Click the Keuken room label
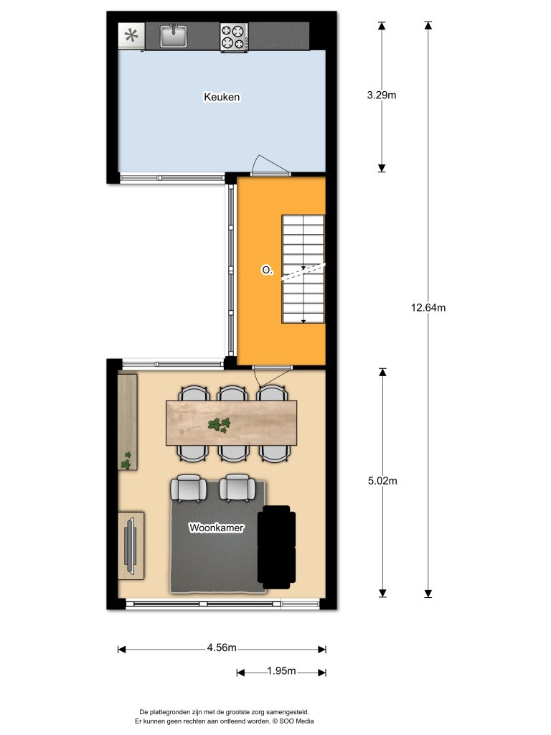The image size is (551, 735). click(221, 97)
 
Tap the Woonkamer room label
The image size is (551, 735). click(216, 528)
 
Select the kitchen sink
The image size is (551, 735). click(174, 35)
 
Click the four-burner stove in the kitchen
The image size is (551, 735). click(233, 37)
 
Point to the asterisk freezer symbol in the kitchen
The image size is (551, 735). click(131, 36)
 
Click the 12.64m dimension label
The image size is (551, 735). click(428, 308)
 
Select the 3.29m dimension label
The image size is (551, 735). click(382, 94)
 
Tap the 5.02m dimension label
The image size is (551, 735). click(382, 481)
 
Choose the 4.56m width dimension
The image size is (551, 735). click(222, 647)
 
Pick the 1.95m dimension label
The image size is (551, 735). click(281, 671)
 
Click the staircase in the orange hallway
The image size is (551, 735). click(303, 271)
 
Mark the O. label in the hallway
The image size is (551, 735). click(267, 271)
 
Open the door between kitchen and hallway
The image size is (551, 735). click(270, 167)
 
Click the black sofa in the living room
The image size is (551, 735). click(276, 546)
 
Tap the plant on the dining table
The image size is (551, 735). click(221, 426)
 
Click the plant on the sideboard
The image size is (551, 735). click(127, 461)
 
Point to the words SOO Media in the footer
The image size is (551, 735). click(297, 721)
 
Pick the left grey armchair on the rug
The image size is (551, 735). click(188, 488)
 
